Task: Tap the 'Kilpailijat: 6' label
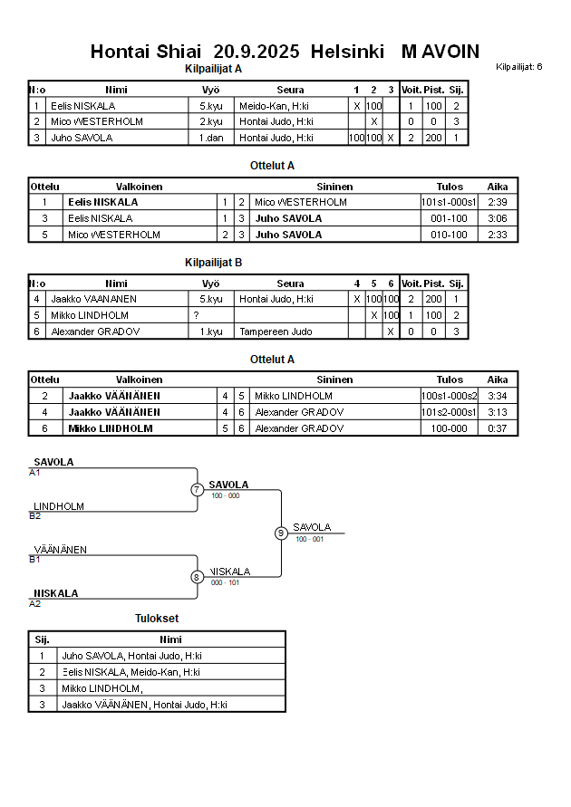(x=519, y=66)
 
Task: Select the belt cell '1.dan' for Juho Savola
(x=211, y=138)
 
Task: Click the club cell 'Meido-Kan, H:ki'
(x=276, y=105)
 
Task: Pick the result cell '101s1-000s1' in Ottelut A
(x=449, y=202)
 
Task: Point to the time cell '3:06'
(x=498, y=218)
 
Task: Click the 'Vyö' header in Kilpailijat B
(x=211, y=283)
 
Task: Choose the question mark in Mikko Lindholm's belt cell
(x=196, y=315)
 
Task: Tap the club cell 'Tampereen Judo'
(x=276, y=331)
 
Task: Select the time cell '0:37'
(x=498, y=428)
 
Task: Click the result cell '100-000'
(x=449, y=428)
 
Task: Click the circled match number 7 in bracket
(x=198, y=490)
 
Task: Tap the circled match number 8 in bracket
(x=198, y=577)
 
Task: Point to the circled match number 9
(x=281, y=533)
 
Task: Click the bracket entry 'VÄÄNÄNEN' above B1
(x=61, y=550)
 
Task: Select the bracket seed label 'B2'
(x=35, y=516)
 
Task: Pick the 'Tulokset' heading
(x=157, y=619)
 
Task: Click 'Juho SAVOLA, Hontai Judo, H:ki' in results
(x=131, y=655)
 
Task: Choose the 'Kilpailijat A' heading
(x=213, y=69)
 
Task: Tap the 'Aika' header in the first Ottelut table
(x=498, y=186)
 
